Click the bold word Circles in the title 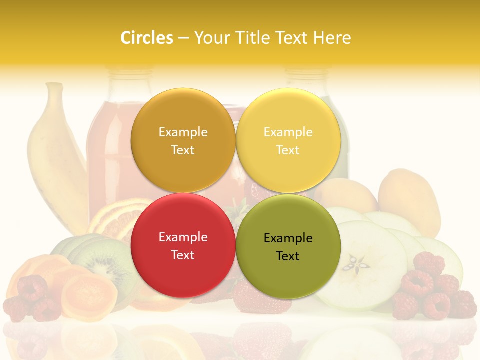147,38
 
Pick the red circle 183,219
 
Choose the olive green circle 288,220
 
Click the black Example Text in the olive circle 288,247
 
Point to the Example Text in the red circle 183,246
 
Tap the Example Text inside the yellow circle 288,141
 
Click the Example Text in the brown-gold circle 183,141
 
